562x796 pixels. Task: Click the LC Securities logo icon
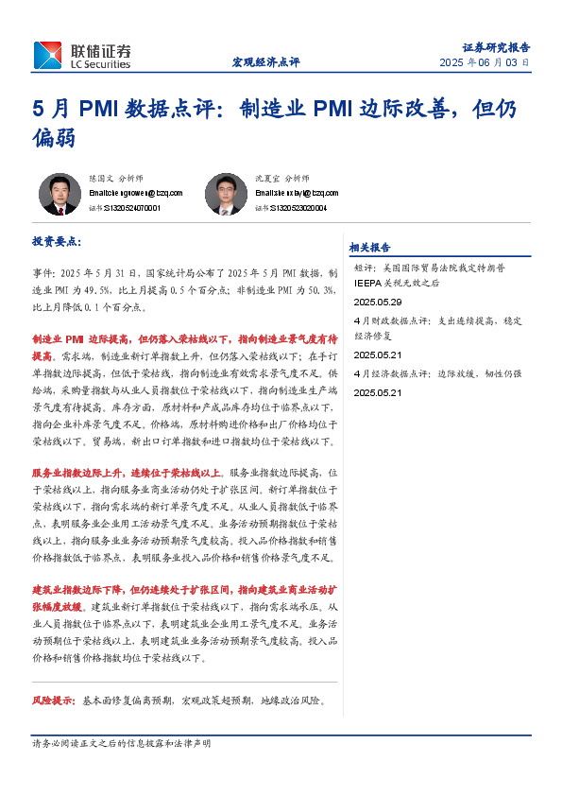49,55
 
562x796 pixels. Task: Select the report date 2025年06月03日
485,63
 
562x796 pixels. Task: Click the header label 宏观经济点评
265,62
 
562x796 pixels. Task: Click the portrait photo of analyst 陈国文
60,194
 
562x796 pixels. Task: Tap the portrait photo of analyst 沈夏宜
226,194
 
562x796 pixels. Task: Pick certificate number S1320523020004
296,208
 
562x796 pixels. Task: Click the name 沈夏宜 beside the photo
268,178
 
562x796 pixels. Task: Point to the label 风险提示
54,701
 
